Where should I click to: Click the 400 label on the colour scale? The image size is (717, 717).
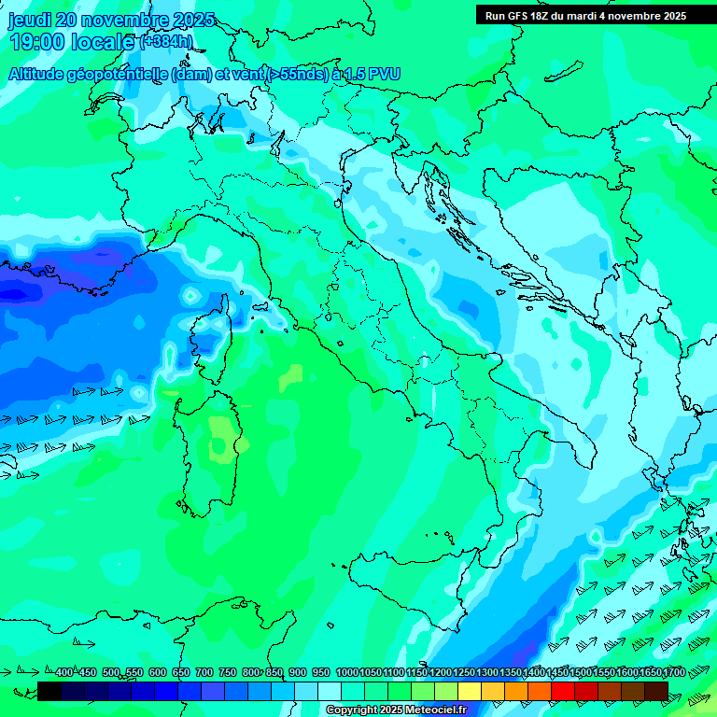tap(64, 672)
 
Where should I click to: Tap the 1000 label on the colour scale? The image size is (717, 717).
tap(347, 672)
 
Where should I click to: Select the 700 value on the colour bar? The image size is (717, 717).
tap(204, 672)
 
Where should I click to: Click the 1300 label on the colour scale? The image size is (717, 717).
tap(487, 672)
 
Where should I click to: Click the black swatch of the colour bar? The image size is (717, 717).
tap(49, 691)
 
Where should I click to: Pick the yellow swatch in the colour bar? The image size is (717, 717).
tap(470, 691)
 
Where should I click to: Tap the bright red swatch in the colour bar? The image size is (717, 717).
tap(563, 691)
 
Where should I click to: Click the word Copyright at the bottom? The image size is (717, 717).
tap(354, 710)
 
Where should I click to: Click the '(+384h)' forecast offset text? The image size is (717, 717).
tap(168, 42)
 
